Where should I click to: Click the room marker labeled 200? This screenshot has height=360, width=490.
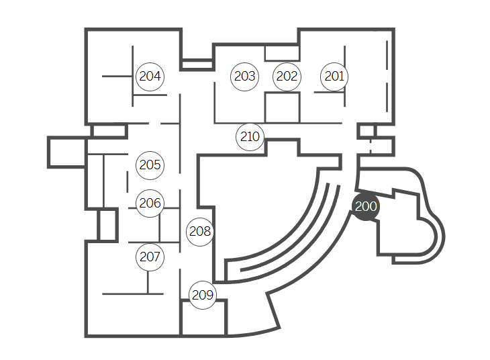[x=366, y=206]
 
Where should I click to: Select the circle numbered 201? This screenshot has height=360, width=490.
[x=334, y=77]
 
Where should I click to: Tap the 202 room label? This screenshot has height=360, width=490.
[x=287, y=77]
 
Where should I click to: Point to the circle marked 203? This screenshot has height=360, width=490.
[x=244, y=77]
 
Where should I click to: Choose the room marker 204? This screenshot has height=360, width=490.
[x=150, y=77]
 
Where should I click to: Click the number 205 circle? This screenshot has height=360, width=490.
[x=150, y=165]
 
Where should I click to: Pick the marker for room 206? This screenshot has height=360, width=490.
[x=150, y=203]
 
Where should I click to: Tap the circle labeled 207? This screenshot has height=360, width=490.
[x=150, y=257]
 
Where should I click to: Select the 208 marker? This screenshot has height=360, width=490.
[x=200, y=232]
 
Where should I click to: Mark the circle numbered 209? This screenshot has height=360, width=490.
[x=202, y=295]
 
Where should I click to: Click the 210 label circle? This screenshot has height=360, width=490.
[x=250, y=137]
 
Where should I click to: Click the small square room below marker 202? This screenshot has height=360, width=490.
[x=282, y=108]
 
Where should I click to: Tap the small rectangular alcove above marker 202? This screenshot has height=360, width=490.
[x=282, y=52]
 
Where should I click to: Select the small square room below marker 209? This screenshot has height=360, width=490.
[x=203, y=318]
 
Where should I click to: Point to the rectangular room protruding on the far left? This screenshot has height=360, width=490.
[x=66, y=152]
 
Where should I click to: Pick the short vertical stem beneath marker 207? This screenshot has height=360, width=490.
[x=148, y=281]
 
